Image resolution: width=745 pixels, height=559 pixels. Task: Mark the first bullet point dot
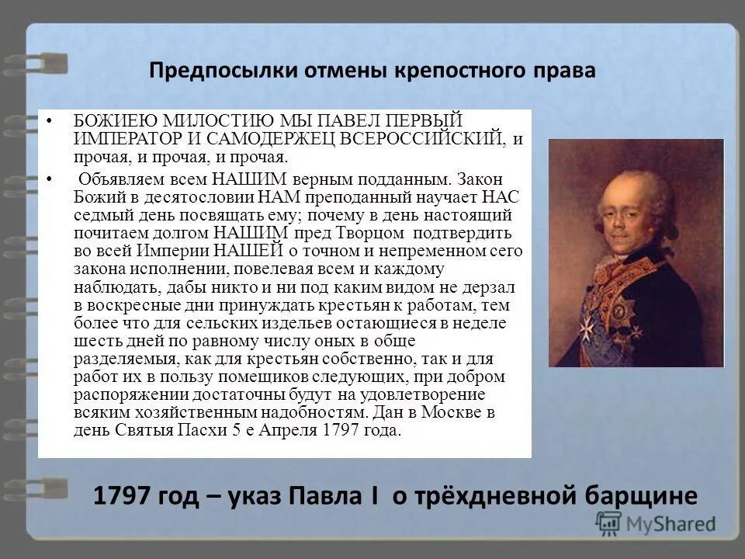48,121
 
